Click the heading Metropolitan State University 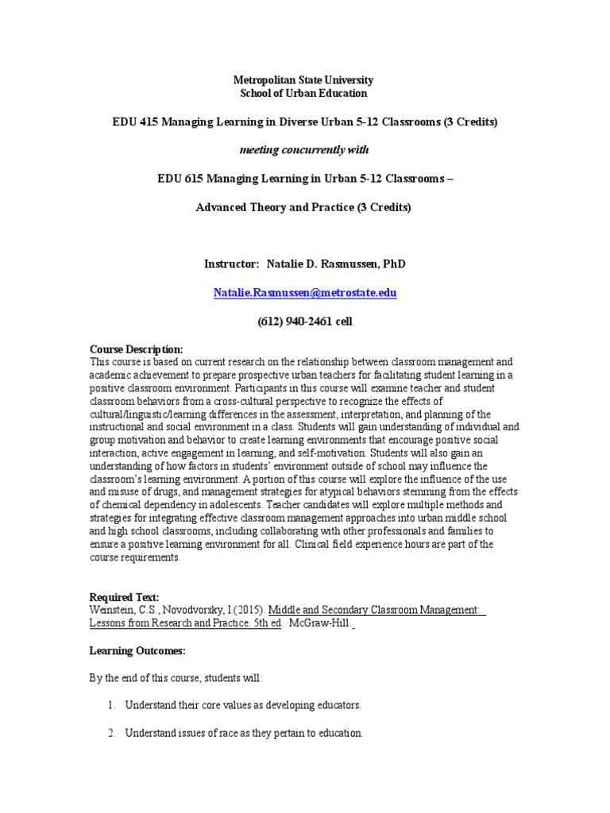click(x=303, y=80)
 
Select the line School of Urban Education click(x=303, y=93)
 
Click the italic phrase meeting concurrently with click(x=304, y=150)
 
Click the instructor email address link click(x=305, y=292)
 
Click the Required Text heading click(x=124, y=597)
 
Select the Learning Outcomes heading click(x=137, y=651)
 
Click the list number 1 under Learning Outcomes click(x=110, y=705)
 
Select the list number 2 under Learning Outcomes click(x=110, y=734)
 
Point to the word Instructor click(x=230, y=264)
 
